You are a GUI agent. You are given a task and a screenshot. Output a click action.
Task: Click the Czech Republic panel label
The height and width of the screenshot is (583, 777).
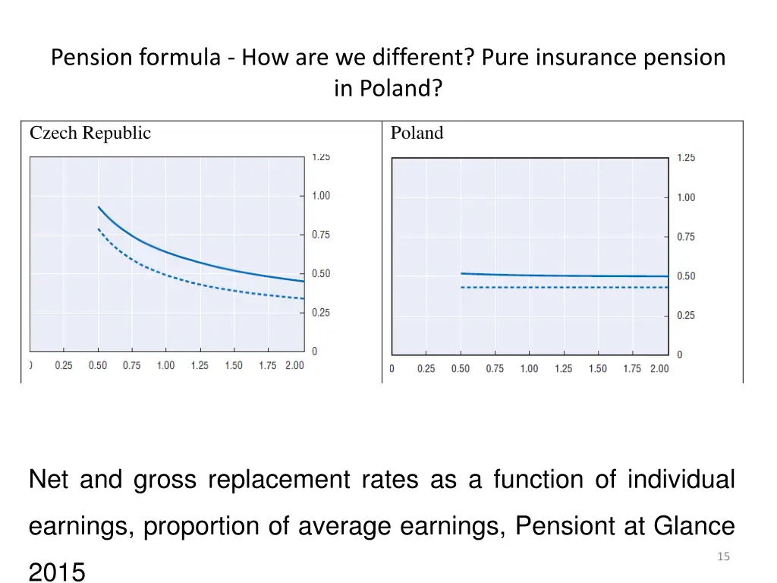coord(90,134)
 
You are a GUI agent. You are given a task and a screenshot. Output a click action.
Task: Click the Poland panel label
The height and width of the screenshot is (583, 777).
coord(417,134)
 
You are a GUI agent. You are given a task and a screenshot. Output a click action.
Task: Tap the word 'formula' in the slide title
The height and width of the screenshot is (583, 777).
coord(181,58)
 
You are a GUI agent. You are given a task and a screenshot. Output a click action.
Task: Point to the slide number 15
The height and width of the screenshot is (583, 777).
coord(723,557)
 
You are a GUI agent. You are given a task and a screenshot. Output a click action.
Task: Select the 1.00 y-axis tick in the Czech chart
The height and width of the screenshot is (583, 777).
coord(321,196)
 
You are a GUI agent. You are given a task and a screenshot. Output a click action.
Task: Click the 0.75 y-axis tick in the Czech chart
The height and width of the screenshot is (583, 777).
coord(321,235)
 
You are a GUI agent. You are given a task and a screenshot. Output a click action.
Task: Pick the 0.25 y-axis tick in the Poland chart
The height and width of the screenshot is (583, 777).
coord(686,316)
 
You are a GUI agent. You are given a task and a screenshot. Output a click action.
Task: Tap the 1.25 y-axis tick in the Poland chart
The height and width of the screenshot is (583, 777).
coord(686,158)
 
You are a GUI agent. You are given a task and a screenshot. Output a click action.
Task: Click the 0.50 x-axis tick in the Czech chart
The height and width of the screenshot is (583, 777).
coord(98,365)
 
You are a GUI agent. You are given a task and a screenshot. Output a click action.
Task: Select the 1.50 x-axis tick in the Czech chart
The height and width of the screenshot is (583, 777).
coord(234,365)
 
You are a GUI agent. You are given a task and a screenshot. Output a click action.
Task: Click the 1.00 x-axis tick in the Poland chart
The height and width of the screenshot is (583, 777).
coord(529,369)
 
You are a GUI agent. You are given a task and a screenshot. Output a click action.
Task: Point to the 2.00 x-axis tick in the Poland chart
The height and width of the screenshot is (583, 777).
coord(659,369)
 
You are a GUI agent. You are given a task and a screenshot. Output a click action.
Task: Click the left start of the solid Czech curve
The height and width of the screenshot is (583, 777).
coord(98,206)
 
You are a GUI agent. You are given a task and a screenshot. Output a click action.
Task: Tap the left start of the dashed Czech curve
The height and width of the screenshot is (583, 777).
coord(98,228)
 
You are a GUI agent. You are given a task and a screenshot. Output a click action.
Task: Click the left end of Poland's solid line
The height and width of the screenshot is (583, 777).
coord(461,273)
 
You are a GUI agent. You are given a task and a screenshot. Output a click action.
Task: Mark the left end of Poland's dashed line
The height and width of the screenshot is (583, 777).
coord(461,288)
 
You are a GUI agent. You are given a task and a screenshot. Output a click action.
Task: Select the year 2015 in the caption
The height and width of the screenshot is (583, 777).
coord(57,572)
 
